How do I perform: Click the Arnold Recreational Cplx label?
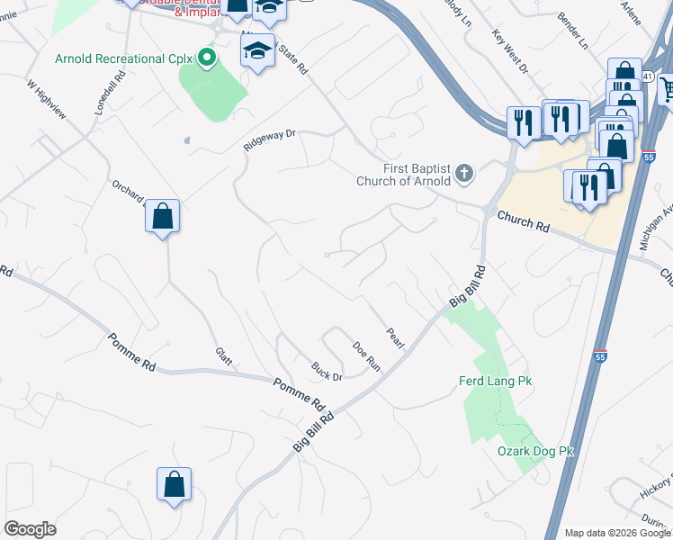tap(124, 59)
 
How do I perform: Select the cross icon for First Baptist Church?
tap(464, 172)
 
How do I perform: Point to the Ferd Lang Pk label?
tap(495, 382)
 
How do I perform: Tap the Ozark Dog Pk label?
tap(535, 451)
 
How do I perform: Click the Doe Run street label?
tap(366, 356)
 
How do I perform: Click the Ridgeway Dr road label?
tap(269, 140)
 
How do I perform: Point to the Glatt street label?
tap(224, 356)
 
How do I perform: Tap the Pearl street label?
tap(395, 337)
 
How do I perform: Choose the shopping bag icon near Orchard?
tap(162, 217)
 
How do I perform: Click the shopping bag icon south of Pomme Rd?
tap(174, 484)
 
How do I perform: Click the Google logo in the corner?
tap(30, 529)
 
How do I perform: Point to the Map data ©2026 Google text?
tap(616, 533)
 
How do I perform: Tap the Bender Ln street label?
tap(572, 31)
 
